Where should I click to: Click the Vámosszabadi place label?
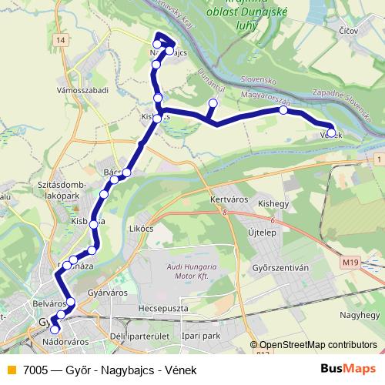click(84, 90)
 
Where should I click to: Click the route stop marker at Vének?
click(331, 132)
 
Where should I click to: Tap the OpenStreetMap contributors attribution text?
click(317, 345)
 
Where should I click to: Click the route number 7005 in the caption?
click(36, 370)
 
